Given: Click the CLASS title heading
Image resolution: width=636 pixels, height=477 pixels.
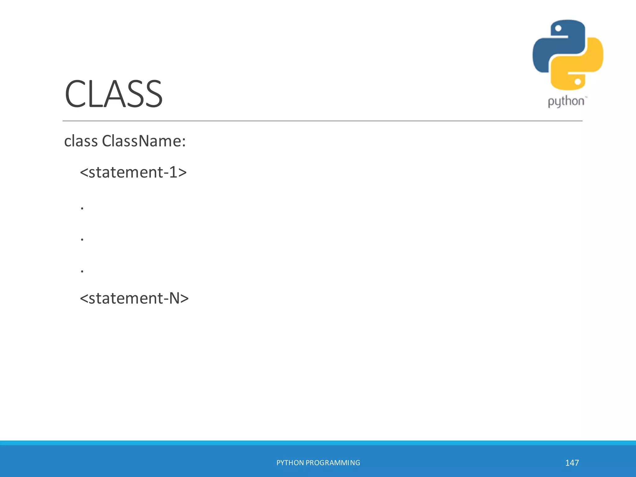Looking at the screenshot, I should pos(113,94).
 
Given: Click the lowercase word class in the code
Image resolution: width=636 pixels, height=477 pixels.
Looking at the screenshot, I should pos(81,141).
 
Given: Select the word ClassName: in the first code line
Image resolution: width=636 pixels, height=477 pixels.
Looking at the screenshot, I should pos(144,141).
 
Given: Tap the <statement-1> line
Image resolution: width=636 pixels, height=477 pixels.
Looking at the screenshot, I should pos(133,172).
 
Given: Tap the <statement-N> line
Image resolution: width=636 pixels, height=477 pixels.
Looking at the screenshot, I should pos(134,298).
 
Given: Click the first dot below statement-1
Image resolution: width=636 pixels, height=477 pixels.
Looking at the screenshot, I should pos(82,208).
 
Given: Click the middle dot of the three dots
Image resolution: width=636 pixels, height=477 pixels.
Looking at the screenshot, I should pos(82,240).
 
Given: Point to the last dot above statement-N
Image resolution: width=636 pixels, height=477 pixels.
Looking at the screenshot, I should pos(82,271).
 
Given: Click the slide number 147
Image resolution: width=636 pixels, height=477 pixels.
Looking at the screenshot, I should pos(572,463).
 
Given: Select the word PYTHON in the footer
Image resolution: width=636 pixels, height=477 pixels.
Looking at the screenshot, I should pos(290,463).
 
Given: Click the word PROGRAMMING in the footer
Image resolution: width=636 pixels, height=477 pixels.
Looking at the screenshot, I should pos(333,463).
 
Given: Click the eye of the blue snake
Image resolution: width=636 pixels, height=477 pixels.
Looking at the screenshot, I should pos(558,29).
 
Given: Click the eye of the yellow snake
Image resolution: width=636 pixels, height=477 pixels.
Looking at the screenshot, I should pos(578,82).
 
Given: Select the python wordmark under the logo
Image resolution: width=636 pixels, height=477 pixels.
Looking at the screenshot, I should pos(566,102).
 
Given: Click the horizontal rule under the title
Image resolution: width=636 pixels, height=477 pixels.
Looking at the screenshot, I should pos(322,121).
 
